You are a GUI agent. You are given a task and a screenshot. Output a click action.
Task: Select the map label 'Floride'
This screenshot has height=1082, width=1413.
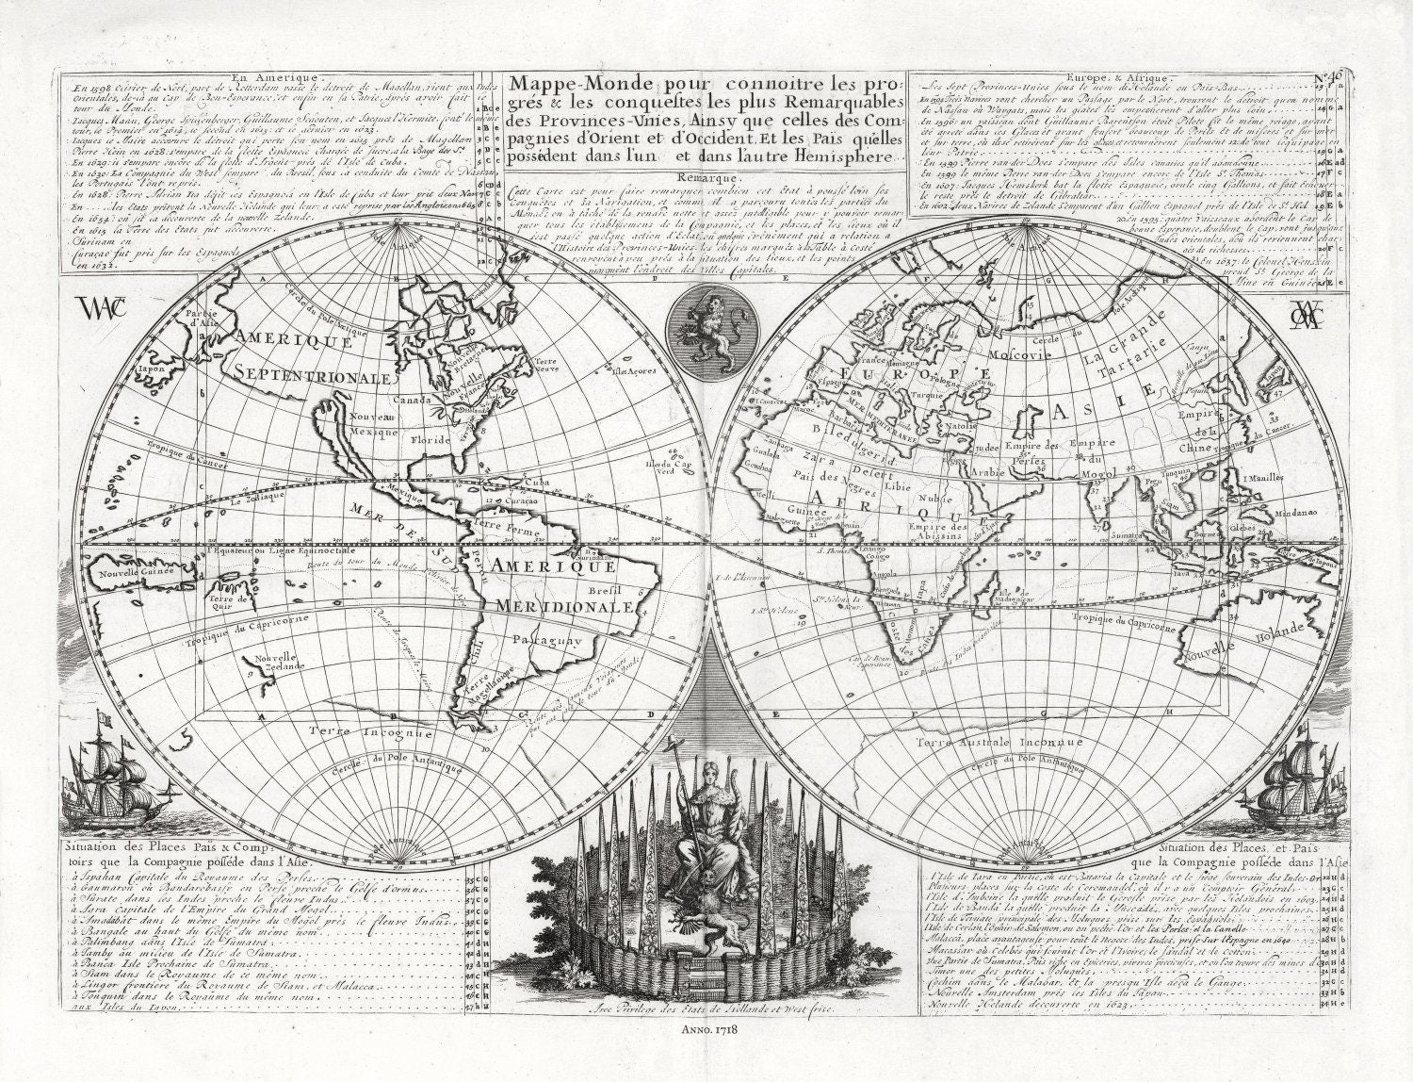[431, 439]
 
